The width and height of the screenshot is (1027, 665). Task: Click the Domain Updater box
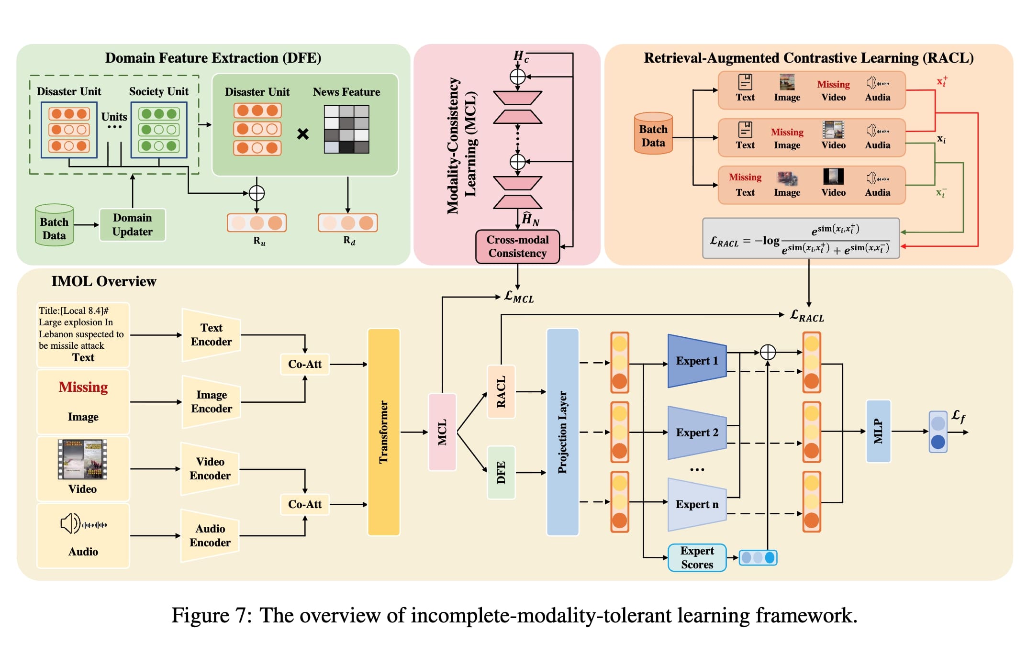[133, 224]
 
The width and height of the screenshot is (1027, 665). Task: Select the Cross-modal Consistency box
[517, 246]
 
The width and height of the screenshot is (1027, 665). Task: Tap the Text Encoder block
[211, 334]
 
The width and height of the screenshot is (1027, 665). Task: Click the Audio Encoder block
[210, 535]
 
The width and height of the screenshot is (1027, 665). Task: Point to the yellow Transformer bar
[383, 432]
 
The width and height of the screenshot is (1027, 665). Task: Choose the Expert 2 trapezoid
[697, 432]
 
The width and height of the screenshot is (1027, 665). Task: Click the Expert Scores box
[697, 557]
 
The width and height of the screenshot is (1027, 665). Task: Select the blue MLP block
[878, 431]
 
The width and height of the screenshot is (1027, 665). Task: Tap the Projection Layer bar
[562, 432]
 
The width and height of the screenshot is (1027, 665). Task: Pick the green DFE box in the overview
[501, 472]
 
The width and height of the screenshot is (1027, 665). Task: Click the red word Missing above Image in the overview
[83, 387]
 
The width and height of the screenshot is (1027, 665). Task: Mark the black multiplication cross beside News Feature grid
[303, 133]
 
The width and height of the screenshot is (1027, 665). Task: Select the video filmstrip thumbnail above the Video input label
[82, 459]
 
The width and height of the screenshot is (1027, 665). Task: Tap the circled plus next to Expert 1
[768, 352]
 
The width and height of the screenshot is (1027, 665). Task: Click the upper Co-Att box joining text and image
[305, 364]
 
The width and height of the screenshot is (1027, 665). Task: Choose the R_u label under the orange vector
[259, 241]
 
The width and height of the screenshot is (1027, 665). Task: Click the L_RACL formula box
[801, 238]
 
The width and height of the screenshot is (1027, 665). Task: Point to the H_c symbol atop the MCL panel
[521, 56]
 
